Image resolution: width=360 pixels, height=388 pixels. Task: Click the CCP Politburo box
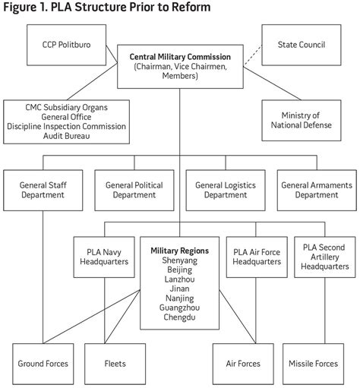pos(66,45)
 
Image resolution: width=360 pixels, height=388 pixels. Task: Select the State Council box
pos(302,45)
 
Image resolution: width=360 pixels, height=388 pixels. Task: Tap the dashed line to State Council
pos(253,56)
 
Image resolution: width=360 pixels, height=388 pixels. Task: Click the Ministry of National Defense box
pos(302,120)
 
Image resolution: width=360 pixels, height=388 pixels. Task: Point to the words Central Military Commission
pos(180,57)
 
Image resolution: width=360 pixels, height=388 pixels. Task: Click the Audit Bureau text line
pos(66,136)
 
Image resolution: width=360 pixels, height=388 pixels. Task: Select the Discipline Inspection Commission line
pos(66,126)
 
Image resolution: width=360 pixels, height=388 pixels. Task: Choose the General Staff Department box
pos(43,190)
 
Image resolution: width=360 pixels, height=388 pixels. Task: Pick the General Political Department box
pos(134,190)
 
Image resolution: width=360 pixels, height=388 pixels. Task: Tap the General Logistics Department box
pos(226,190)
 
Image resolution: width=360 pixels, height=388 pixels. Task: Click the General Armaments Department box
pos(317,190)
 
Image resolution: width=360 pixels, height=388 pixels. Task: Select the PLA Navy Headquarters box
pos(104,257)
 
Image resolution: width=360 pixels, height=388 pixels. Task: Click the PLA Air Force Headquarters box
pos(257,257)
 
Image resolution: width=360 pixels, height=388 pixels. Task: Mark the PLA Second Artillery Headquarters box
pos(325,257)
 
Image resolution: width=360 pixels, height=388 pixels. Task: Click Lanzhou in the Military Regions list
pos(179,279)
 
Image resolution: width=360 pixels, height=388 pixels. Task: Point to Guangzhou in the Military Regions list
pos(179,308)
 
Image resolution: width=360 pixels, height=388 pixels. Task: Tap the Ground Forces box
pos(43,364)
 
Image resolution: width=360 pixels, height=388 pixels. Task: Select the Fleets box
pos(115,364)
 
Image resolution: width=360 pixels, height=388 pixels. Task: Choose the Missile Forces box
pos(313,364)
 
